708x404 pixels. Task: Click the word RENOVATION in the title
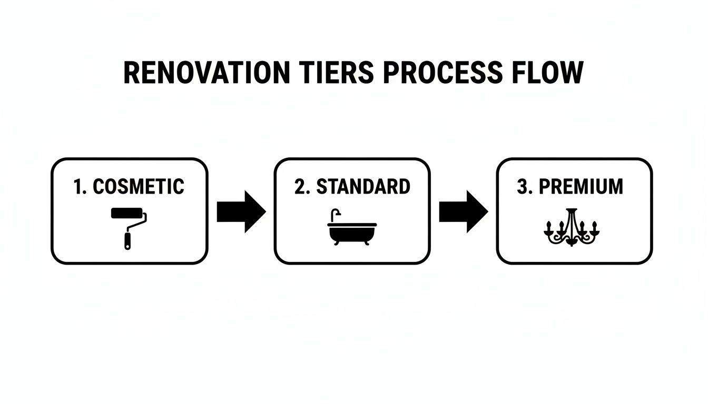tap(206, 73)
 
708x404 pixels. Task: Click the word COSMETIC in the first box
tap(138, 187)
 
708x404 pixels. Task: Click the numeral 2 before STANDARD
tap(299, 187)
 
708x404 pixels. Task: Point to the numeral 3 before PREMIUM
tap(522, 187)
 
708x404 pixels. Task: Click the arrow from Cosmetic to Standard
tap(241, 211)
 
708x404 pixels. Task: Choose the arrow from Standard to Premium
tap(463, 211)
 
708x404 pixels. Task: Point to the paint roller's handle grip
tap(127, 241)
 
